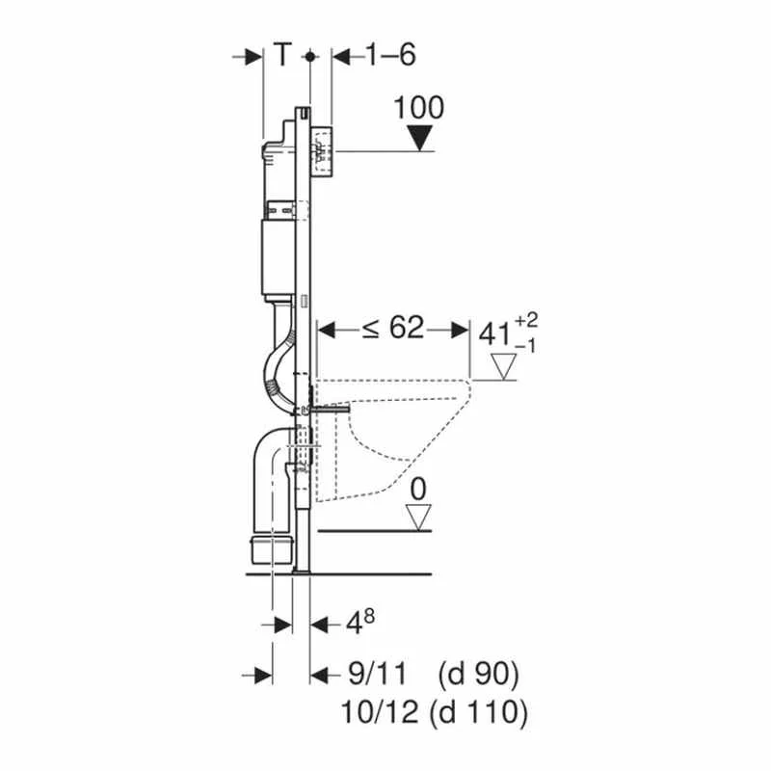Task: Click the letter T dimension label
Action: tap(282, 54)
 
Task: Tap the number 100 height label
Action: tap(419, 108)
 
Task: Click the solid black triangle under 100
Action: tap(420, 138)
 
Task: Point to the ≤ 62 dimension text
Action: tap(393, 328)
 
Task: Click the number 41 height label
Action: tap(495, 334)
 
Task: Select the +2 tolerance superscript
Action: tap(526, 321)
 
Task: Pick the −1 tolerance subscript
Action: tap(525, 347)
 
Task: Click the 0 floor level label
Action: tap(418, 490)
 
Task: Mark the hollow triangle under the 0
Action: tap(418, 518)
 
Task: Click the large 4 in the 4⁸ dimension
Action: tap(354, 625)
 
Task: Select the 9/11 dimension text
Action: tap(378, 674)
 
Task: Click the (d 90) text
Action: tap(478, 674)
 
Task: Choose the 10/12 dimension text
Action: tap(380, 712)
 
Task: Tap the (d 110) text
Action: tap(478, 712)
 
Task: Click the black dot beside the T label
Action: tap(309, 57)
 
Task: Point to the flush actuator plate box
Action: tap(322, 151)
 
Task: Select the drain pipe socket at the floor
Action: tap(272, 550)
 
